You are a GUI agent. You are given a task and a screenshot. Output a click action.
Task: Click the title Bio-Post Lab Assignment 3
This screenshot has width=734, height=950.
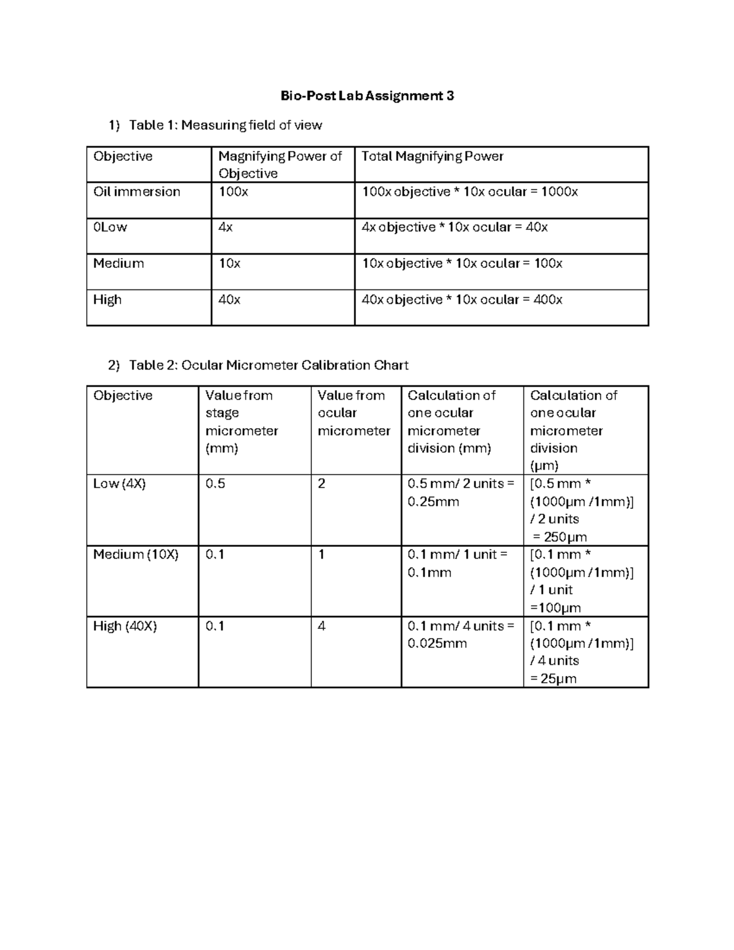367,96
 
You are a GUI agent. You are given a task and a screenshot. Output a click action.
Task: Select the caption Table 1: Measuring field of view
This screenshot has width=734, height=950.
225,125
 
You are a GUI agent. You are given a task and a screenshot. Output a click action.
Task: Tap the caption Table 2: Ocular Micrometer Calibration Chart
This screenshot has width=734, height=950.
269,365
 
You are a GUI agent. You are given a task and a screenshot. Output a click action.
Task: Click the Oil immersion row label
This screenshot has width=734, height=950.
136,192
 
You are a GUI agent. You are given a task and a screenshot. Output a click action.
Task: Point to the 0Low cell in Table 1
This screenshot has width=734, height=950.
110,228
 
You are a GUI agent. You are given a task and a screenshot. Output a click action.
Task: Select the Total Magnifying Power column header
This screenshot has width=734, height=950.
432,157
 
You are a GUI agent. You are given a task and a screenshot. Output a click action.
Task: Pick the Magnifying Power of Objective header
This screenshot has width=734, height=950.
280,165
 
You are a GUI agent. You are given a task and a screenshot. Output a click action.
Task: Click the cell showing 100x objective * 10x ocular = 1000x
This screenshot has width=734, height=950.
469,192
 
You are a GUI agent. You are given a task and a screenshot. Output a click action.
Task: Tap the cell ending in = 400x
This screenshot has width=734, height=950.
462,300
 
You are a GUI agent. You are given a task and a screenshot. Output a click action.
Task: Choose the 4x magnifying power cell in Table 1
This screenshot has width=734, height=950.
226,228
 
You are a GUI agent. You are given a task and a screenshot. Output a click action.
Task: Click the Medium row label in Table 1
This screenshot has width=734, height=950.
118,264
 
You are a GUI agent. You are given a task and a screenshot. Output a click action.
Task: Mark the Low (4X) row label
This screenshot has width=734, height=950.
119,484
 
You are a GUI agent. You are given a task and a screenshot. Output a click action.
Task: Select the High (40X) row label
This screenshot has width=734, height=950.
125,626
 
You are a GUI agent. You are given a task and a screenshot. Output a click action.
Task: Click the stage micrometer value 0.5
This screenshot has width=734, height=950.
215,484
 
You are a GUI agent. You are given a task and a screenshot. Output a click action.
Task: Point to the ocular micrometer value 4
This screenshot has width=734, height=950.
322,626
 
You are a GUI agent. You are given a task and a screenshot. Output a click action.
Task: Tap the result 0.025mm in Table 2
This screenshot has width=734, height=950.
437,644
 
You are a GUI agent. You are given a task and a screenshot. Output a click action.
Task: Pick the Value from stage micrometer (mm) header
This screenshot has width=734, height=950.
242,421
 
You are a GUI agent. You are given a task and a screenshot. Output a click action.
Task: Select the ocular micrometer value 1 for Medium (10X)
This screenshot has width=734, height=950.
321,555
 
